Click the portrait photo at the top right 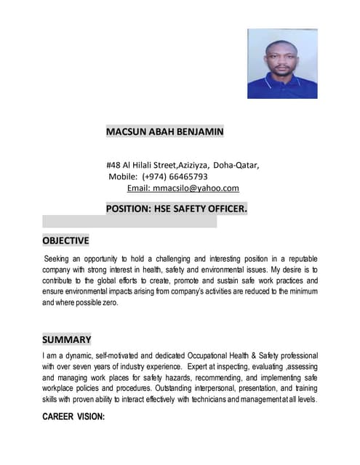click(x=281, y=63)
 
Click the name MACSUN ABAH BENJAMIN click(x=164, y=132)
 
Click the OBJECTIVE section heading click(x=65, y=240)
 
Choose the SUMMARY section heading click(x=67, y=339)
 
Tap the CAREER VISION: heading click(x=73, y=417)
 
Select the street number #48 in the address click(x=113, y=165)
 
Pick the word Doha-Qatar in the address click(x=236, y=165)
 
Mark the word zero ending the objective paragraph click(x=108, y=302)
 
